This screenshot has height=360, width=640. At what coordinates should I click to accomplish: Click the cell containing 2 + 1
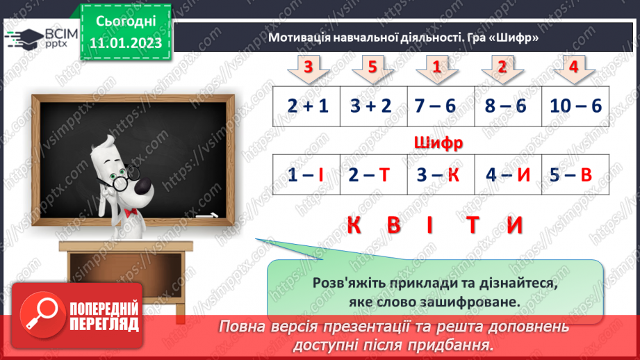(x=306, y=106)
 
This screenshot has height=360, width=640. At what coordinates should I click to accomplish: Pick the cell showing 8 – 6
(x=508, y=106)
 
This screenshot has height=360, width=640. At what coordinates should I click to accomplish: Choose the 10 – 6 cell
(x=575, y=106)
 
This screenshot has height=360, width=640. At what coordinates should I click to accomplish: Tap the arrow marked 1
(x=437, y=68)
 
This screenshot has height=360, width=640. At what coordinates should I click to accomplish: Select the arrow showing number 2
(x=502, y=68)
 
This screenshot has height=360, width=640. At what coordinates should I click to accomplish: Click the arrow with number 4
(x=573, y=68)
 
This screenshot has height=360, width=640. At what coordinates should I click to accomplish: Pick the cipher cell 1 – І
(x=306, y=175)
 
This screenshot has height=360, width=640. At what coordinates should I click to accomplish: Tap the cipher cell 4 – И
(x=508, y=175)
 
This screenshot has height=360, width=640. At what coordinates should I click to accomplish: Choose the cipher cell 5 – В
(x=575, y=175)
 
